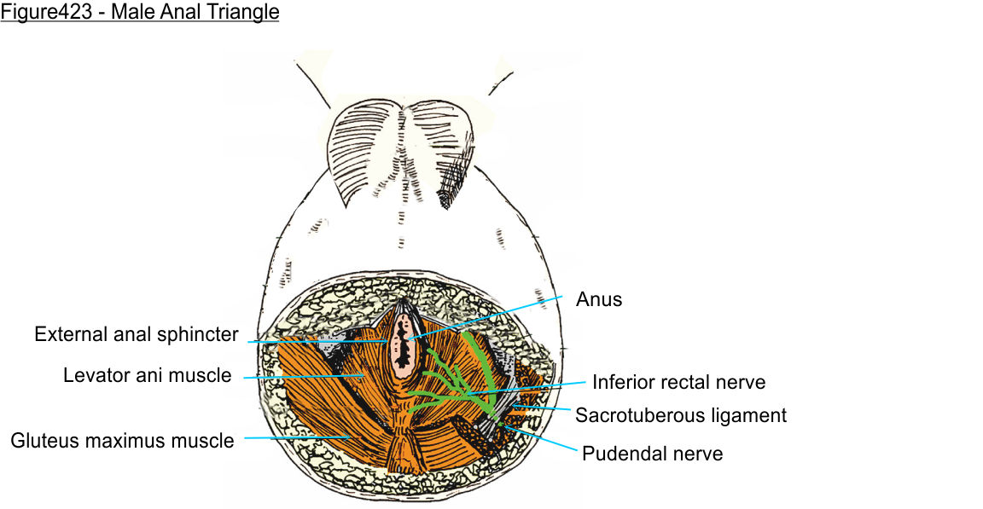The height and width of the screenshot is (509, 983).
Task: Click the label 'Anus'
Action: [599, 299]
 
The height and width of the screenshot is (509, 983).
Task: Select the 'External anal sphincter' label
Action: [137, 334]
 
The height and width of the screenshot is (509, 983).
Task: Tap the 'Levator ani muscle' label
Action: [148, 375]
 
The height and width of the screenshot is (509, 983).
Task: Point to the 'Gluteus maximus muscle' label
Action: [122, 441]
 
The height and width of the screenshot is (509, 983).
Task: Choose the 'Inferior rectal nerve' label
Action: [678, 382]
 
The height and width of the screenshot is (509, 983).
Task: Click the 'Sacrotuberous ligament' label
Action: [680, 415]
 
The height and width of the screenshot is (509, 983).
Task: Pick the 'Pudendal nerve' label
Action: [652, 454]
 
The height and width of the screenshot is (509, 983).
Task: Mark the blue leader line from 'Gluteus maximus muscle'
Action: [294, 438]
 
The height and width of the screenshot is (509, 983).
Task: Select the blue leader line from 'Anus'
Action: [486, 317]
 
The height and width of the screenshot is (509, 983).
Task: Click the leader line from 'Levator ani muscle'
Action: [303, 375]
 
